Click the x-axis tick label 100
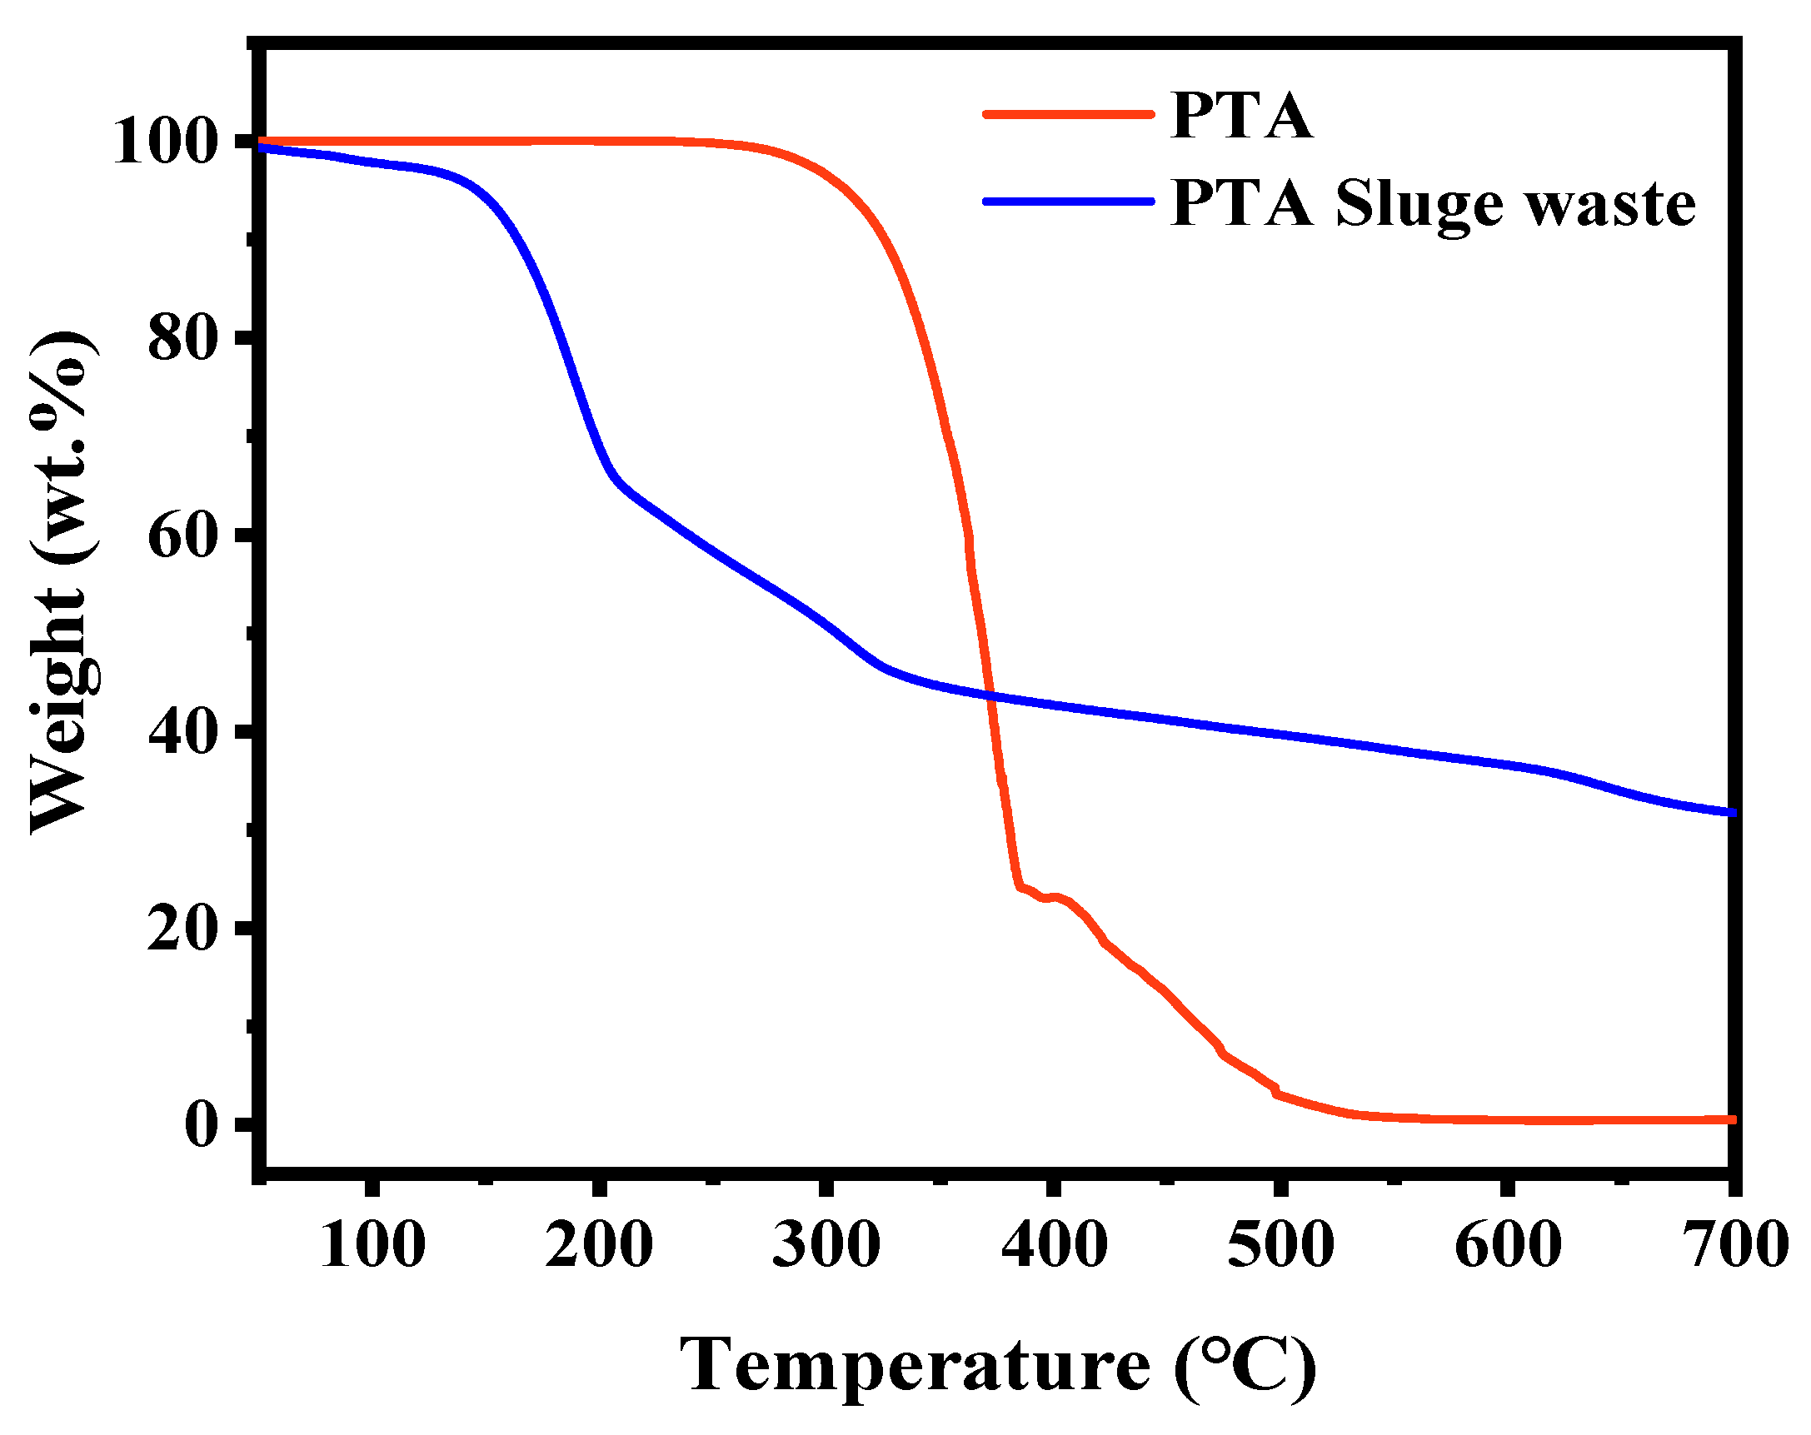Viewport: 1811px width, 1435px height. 372,1244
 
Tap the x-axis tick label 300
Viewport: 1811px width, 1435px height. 826,1244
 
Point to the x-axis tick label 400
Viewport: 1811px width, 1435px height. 1054,1244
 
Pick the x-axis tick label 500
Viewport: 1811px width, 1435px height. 1280,1244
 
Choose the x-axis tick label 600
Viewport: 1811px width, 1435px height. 1508,1244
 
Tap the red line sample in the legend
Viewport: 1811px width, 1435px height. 1069,114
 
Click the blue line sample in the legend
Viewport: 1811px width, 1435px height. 1069,202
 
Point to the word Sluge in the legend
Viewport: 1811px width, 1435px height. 1419,207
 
